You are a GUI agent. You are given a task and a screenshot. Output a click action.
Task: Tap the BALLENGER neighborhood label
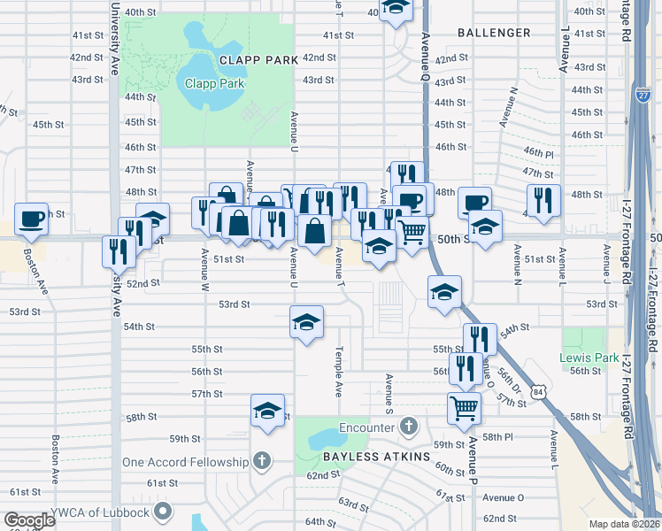click(x=495, y=33)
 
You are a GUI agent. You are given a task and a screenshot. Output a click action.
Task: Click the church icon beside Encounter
click(x=407, y=427)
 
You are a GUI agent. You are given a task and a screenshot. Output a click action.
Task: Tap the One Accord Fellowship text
click(x=186, y=462)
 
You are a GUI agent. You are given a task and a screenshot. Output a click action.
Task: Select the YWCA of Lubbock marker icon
click(x=164, y=510)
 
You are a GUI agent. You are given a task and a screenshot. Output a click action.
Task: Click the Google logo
click(x=30, y=520)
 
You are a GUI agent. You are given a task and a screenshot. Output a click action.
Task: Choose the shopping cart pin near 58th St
click(x=465, y=409)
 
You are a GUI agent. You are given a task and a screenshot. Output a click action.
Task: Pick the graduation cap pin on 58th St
click(x=267, y=411)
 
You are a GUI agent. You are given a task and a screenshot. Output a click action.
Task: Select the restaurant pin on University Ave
click(x=119, y=251)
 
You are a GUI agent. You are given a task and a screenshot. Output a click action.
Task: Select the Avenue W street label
click(x=204, y=271)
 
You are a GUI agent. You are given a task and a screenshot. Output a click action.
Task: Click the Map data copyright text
click(x=624, y=524)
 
